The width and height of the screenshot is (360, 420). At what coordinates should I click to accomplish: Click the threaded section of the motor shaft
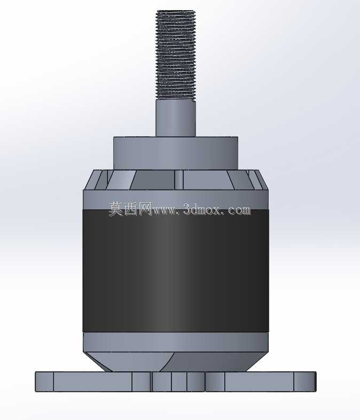[176, 55]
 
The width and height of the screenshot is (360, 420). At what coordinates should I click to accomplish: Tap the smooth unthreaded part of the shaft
[176, 118]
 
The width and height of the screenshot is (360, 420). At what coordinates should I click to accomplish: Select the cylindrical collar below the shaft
[176, 153]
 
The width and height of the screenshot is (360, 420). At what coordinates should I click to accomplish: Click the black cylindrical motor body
[176, 271]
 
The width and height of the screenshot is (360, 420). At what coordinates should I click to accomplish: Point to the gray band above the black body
[176, 199]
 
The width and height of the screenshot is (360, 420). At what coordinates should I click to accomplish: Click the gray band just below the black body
[176, 343]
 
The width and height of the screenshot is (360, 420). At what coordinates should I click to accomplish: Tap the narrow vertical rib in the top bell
[179, 180]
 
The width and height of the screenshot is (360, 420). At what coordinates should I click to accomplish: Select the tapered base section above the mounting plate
[176, 362]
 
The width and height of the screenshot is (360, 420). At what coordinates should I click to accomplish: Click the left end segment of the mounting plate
[44, 382]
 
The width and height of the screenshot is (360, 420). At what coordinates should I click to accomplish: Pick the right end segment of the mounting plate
[305, 382]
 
